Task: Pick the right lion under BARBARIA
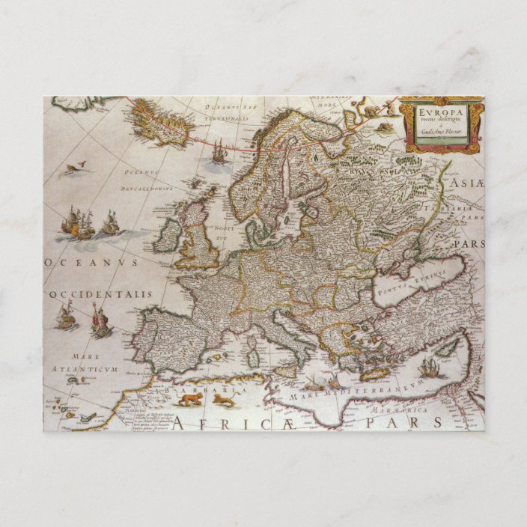click(x=223, y=401)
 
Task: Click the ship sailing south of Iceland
click(x=218, y=154)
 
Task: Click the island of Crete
click(x=374, y=373)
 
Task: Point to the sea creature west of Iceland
click(x=75, y=166)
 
